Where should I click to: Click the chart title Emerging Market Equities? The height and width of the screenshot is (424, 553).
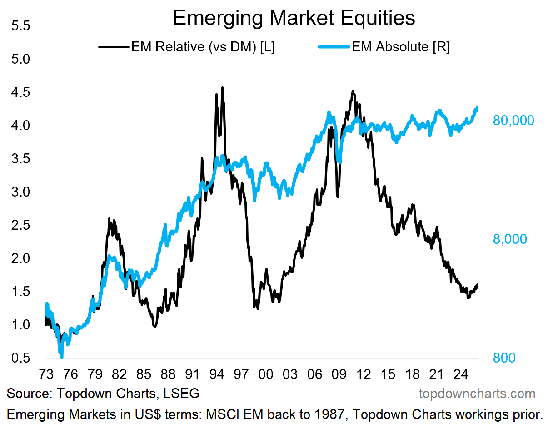(x=294, y=18)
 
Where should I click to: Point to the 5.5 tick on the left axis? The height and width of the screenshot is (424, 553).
(x=20, y=26)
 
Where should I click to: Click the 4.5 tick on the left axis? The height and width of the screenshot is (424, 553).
(x=20, y=92)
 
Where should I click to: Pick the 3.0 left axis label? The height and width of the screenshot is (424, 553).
(x=20, y=192)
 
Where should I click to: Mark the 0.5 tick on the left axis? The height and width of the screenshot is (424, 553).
(x=20, y=358)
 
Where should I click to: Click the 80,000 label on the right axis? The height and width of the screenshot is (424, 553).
(x=513, y=121)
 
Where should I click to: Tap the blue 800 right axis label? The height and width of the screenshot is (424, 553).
(x=504, y=358)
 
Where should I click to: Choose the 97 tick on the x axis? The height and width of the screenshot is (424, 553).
(x=241, y=375)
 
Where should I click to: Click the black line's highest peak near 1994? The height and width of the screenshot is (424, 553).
(x=222, y=87)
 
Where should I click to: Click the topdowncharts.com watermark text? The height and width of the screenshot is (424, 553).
(x=477, y=394)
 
